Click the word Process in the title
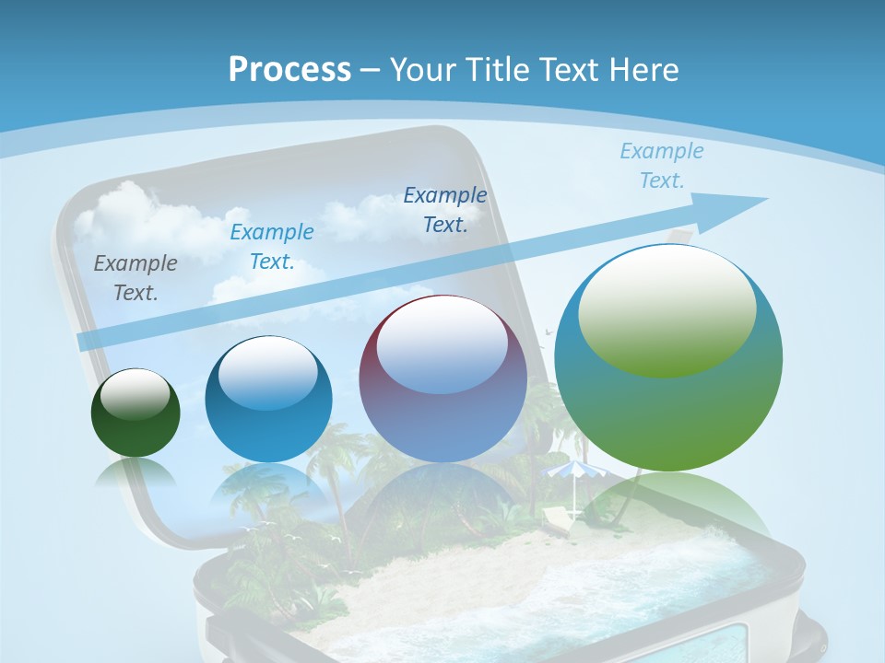point(289,69)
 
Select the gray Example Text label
point(136,277)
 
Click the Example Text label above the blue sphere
point(272,247)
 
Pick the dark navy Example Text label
point(445,209)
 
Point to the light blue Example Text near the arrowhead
point(661,166)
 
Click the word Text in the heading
point(569,69)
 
